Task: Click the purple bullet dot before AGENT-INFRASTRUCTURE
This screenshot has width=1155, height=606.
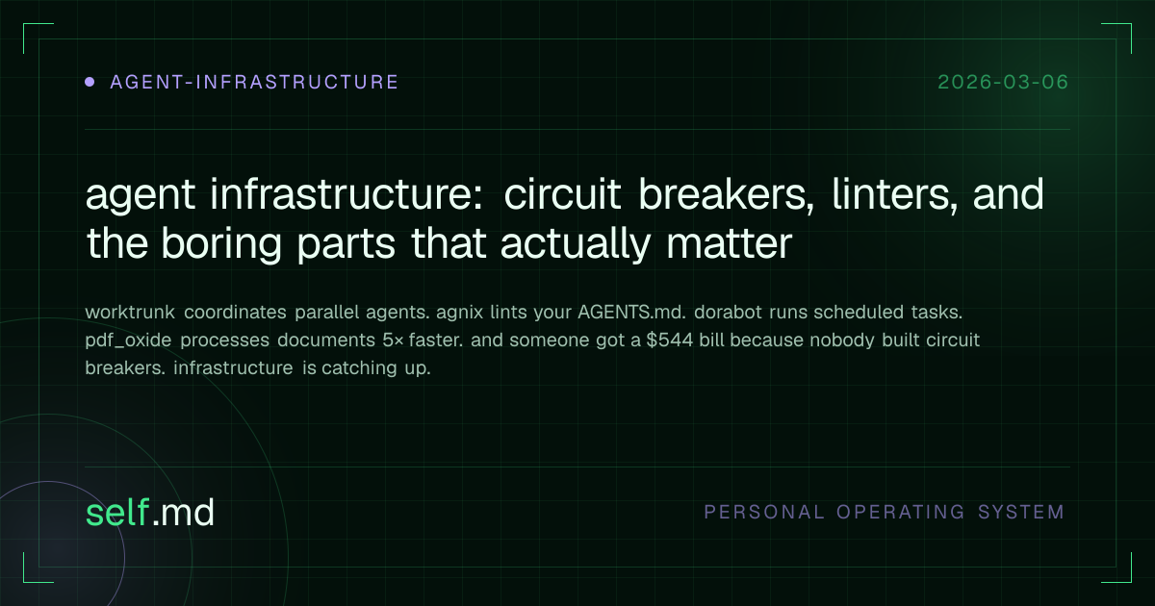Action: pyautogui.click(x=90, y=82)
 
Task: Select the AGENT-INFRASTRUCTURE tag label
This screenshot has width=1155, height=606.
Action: pyautogui.click(x=254, y=82)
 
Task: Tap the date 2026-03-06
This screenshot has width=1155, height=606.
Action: pyautogui.click(x=1002, y=82)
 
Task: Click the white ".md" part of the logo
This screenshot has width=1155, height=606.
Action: pyautogui.click(x=183, y=513)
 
